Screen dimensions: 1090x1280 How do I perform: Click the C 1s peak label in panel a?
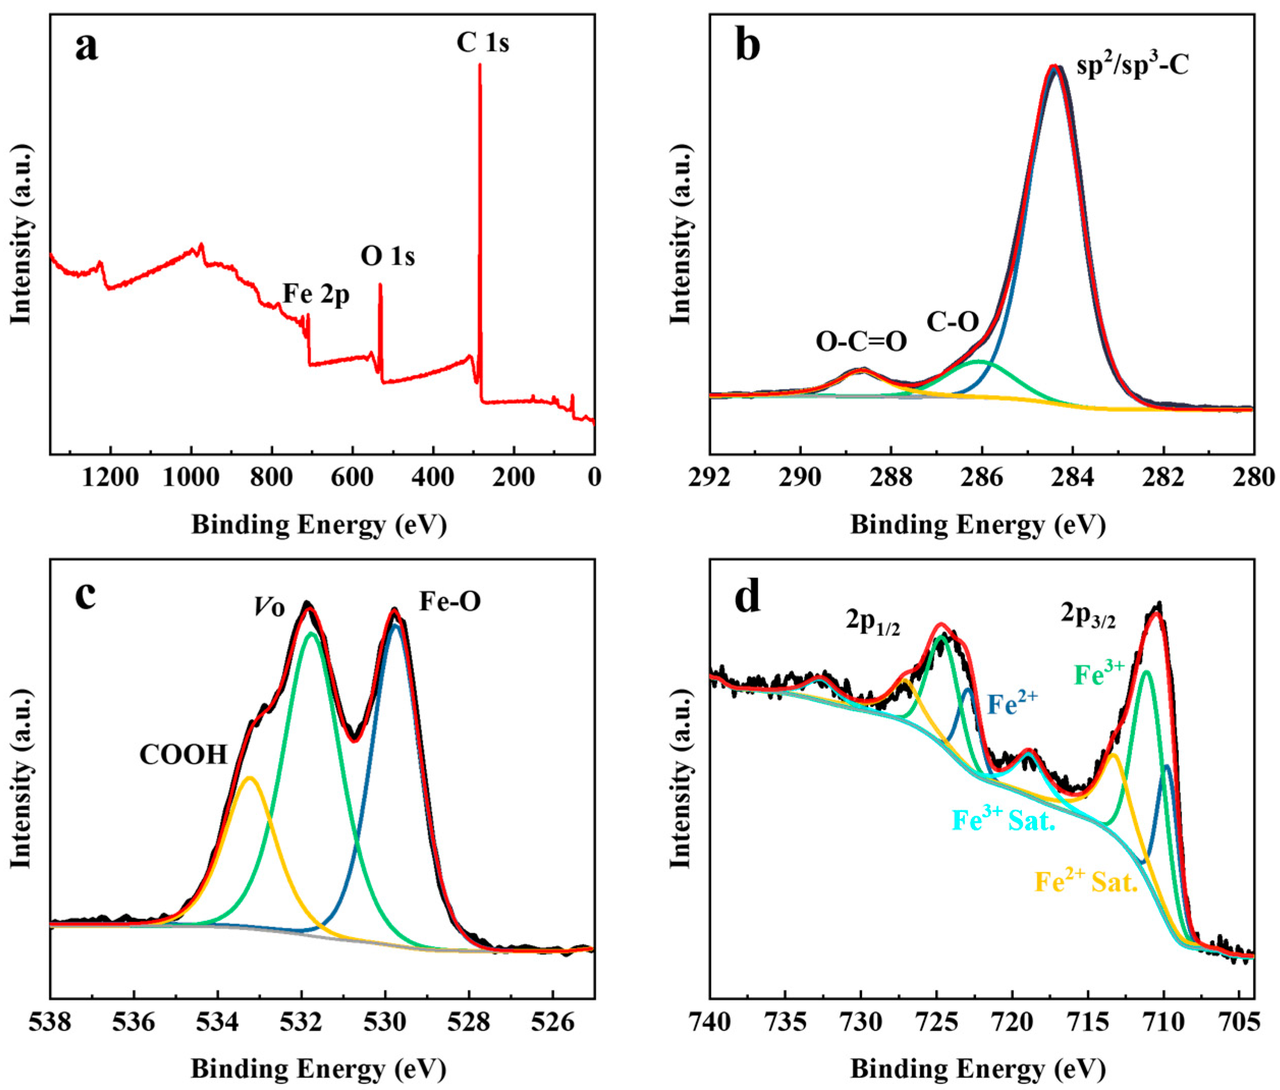point(483,43)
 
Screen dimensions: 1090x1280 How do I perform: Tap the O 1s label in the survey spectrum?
point(387,256)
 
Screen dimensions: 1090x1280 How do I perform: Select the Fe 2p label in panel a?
point(316,295)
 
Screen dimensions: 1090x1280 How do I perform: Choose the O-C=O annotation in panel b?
point(861,341)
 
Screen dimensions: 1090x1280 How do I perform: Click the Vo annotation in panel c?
point(269,608)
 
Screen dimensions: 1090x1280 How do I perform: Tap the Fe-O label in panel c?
point(450,601)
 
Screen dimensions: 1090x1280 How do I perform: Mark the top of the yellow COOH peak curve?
point(249,777)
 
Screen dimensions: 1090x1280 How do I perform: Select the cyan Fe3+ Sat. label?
point(1003,820)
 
